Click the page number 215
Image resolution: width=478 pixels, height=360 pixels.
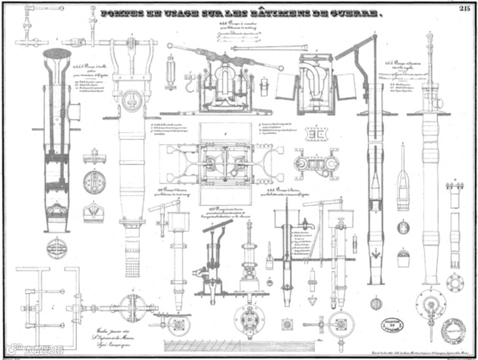click(x=465, y=8)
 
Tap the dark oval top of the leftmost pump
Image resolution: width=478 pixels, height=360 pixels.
click(x=57, y=54)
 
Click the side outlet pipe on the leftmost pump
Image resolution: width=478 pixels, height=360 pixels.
click(x=74, y=112)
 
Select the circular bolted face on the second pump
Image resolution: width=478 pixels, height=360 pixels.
click(x=132, y=99)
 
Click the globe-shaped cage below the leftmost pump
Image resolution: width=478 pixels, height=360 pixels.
click(x=57, y=248)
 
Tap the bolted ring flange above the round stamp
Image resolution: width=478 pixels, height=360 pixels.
click(x=455, y=284)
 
